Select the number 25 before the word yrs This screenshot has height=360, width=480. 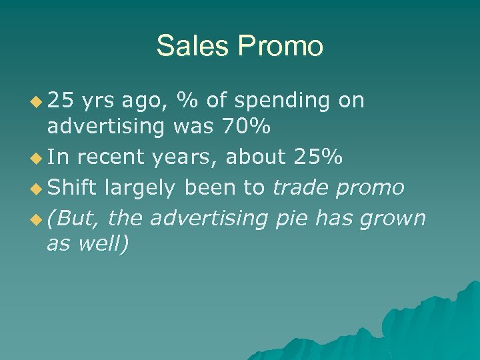[x=61, y=101]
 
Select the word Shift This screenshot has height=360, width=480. [x=72, y=187]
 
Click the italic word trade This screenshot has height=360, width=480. [x=300, y=187]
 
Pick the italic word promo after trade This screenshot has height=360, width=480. [x=370, y=189]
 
